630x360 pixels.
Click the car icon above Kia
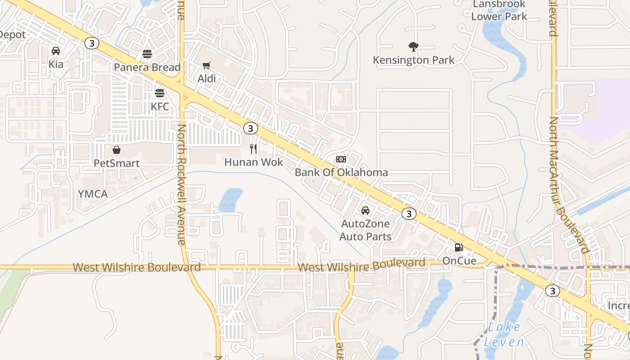[56, 51]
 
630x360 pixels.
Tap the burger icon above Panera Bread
[147, 54]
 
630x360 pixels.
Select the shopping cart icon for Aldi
[207, 66]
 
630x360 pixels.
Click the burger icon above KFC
[160, 94]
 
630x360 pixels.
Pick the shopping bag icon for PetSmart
[117, 150]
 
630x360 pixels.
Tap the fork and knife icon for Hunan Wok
[253, 148]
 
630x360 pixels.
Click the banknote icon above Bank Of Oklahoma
[341, 159]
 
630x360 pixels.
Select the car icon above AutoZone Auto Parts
[365, 211]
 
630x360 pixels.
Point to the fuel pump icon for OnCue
[459, 247]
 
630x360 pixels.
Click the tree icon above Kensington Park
[413, 47]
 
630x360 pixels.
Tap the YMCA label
[93, 194]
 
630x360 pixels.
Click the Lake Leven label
[504, 334]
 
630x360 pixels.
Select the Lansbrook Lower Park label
[499, 10]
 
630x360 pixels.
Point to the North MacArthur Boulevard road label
[568, 184]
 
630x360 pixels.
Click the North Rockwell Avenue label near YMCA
[181, 184]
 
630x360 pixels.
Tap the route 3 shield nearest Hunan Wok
[251, 128]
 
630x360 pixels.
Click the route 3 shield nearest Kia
[91, 43]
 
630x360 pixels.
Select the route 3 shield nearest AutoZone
[409, 214]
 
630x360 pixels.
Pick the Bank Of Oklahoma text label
[341, 172]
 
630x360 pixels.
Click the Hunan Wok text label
[254, 162]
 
